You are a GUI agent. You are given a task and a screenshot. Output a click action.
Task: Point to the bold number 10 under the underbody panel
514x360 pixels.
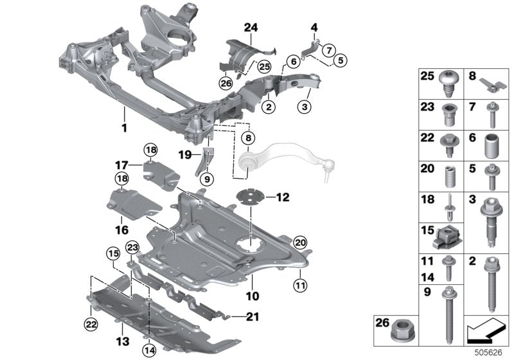click(252, 297)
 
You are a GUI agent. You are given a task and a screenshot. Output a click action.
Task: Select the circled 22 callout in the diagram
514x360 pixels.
click(91, 322)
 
